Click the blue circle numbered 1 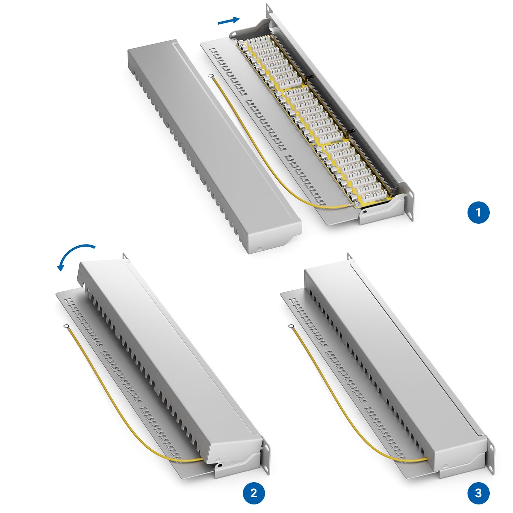pos(478,212)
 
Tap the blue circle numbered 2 pos(254,493)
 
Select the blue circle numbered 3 pos(478,493)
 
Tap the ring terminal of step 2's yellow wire pos(65,327)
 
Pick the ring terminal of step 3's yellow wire pos(291,327)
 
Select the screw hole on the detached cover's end pos(259,249)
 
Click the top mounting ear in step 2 pos(125,256)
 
